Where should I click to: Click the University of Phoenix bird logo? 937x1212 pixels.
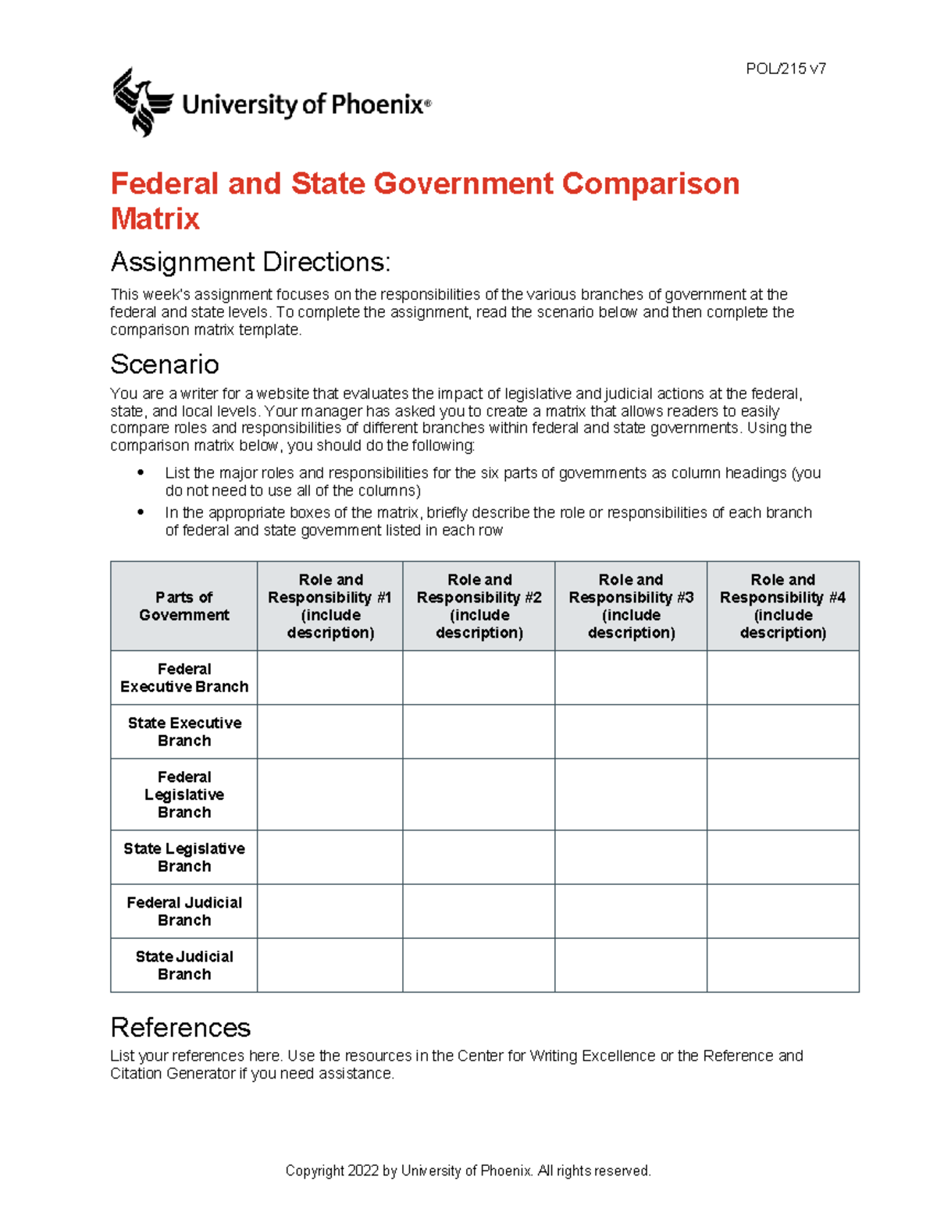coord(141,102)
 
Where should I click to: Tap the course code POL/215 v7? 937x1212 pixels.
coord(786,69)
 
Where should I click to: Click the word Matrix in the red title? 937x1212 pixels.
coord(155,219)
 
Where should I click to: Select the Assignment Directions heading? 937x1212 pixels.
coord(250,262)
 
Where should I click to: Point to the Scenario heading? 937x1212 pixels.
coord(165,364)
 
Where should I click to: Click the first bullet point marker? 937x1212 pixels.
coord(141,473)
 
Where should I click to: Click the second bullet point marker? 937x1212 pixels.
coord(141,513)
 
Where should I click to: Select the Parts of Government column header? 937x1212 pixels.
coord(184,606)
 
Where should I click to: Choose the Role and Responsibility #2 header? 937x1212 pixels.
coord(479,606)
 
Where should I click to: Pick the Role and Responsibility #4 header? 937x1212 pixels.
coord(782,606)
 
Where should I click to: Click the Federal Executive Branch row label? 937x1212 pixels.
coord(184,678)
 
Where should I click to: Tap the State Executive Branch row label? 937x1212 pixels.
coord(184,732)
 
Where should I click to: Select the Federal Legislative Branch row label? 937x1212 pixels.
coord(184,794)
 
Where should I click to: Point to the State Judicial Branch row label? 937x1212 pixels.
coord(184,965)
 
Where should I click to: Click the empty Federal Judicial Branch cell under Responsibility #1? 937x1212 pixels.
coord(330,912)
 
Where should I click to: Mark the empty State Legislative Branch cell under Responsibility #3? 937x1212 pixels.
coord(631,858)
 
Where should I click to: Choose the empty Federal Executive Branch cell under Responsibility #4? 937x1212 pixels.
coord(782,678)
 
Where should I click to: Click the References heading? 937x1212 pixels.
coord(180,1028)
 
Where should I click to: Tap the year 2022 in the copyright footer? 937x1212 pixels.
coord(363,1171)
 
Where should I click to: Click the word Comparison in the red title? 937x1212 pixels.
coord(650,184)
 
